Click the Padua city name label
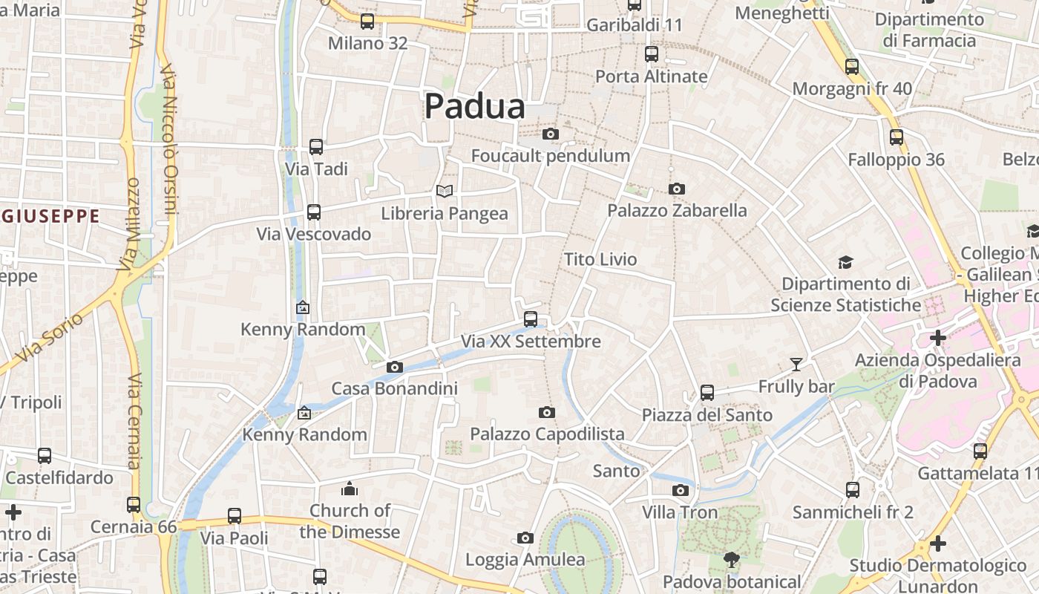pos(475,106)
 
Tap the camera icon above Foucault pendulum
pos(550,134)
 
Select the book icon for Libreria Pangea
pos(445,192)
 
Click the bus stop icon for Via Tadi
pos(316,147)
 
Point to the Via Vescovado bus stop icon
pos(314,212)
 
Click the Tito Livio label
pos(600,259)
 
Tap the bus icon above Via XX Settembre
pos(531,319)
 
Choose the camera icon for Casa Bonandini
pos(395,367)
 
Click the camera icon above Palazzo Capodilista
pos(547,412)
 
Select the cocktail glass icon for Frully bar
pos(796,364)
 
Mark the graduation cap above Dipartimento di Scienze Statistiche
pos(845,262)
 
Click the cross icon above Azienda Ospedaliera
pos(938,339)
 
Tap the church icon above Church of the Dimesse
pos(350,489)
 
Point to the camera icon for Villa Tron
pos(680,490)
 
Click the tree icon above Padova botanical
pos(732,559)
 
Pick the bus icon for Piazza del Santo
pos(707,392)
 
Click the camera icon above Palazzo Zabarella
pos(676,189)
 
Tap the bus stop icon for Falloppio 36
pos(897,137)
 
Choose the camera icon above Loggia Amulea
pos(525,538)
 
